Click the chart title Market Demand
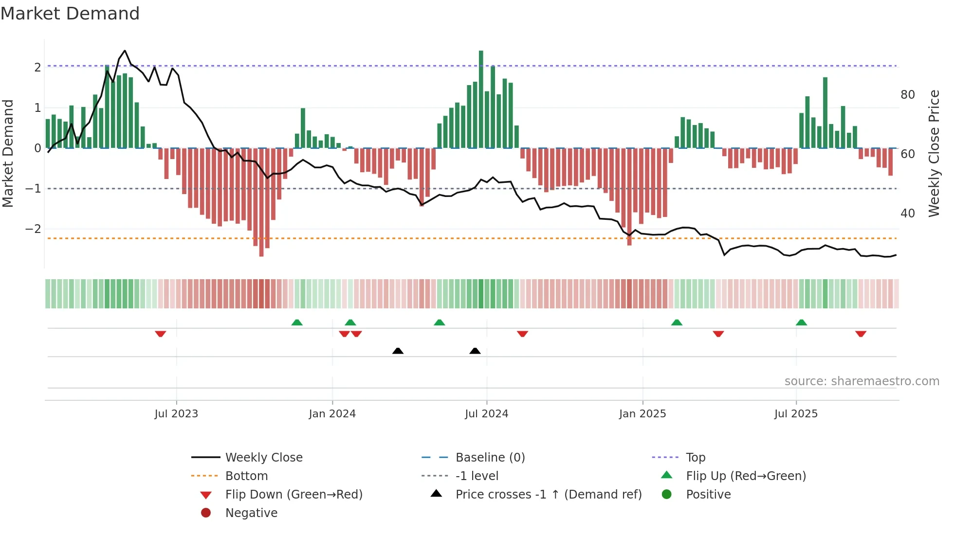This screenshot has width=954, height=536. [70, 14]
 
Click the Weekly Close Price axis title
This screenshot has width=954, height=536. [934, 153]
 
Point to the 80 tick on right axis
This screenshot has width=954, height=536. [907, 95]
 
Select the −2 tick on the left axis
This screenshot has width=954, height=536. [33, 229]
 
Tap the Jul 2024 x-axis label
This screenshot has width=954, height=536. [486, 414]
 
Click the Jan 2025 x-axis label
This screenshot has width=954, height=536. [642, 414]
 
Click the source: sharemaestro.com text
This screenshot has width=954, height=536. [862, 381]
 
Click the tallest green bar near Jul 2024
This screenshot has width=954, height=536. [481, 97]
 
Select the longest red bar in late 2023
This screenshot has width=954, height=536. [261, 202]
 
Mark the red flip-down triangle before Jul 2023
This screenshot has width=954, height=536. [161, 334]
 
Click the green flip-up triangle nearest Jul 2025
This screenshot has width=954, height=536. [801, 322]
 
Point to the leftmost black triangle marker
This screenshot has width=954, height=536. [398, 351]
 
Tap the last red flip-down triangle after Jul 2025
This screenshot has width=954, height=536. [861, 334]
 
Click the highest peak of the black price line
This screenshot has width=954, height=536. [125, 51]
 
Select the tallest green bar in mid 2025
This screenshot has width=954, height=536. [825, 112]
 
